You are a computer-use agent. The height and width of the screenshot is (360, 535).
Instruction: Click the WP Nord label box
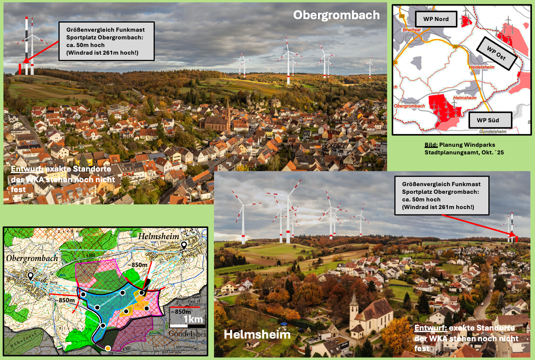[436, 19]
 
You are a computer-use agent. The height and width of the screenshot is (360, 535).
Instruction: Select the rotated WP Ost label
[496, 54]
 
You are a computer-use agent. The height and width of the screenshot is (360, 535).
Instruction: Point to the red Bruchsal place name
[412, 30]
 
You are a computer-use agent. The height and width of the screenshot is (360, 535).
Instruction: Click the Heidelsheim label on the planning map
[481, 67]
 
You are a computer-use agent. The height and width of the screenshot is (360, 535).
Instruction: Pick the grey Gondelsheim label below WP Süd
[493, 131]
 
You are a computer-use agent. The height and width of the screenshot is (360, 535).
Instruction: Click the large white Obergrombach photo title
[336, 15]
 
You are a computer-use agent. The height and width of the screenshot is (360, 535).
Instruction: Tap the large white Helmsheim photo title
[257, 334]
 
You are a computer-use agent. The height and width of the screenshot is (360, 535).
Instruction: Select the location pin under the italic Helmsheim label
[184, 246]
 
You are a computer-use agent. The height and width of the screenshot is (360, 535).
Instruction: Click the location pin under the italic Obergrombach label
[31, 276]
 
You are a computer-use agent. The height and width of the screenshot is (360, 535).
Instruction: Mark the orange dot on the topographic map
[108, 348]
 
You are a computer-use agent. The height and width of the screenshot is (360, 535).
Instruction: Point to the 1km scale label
[193, 319]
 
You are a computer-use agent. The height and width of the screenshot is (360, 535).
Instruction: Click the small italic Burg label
[53, 282]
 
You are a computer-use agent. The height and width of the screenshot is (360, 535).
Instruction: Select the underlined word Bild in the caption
[431, 145]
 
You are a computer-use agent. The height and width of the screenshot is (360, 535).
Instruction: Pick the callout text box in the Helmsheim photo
[441, 196]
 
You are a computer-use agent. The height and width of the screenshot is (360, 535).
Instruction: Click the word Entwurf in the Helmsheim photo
[430, 328]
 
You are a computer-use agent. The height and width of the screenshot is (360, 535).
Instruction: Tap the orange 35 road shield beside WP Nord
[402, 16]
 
